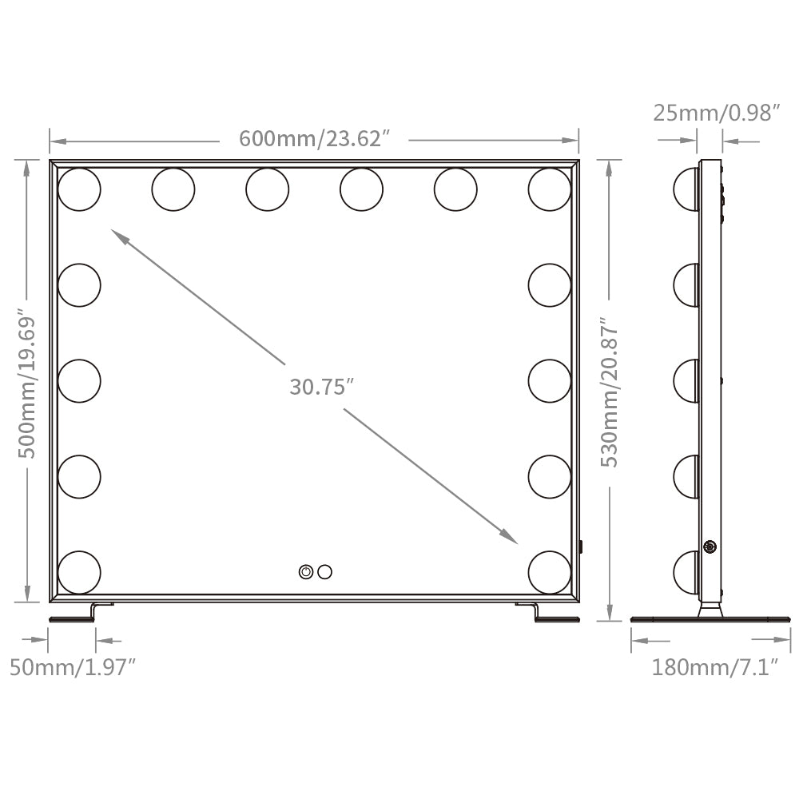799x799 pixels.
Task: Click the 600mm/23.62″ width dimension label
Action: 314,138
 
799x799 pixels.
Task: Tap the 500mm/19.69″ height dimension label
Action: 26,383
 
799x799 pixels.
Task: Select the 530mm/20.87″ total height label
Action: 610,392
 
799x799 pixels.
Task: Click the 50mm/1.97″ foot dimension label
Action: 73,667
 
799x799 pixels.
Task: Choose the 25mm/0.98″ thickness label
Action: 717,113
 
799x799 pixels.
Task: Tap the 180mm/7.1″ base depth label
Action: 715,666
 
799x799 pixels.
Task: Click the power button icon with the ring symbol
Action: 306,572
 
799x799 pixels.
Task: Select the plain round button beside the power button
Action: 324,572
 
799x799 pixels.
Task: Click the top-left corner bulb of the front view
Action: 79,189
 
